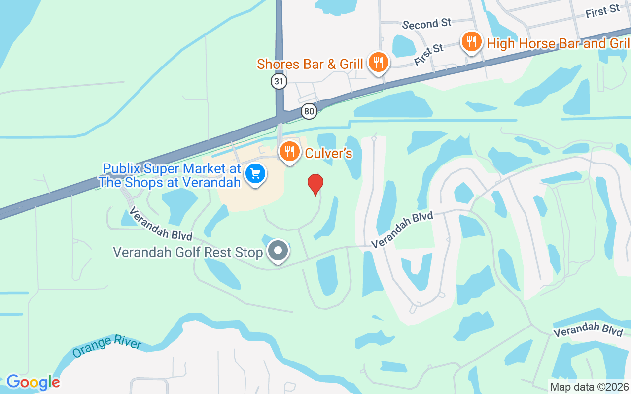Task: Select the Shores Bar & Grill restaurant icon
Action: point(378,62)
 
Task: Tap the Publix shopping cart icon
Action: point(255,174)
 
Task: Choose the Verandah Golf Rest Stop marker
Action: point(278,251)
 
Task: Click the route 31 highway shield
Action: point(279,81)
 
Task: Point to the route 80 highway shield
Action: point(309,112)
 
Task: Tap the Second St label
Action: point(427,24)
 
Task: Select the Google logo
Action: point(33,382)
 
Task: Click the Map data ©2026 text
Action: point(589,387)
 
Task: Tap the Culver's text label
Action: point(328,153)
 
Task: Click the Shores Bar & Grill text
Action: point(310,64)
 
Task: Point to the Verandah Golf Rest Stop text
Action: point(188,252)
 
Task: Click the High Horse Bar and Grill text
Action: point(559,43)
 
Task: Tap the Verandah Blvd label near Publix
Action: point(160,224)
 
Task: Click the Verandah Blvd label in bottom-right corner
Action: point(588,329)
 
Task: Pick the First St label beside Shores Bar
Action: point(429,55)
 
